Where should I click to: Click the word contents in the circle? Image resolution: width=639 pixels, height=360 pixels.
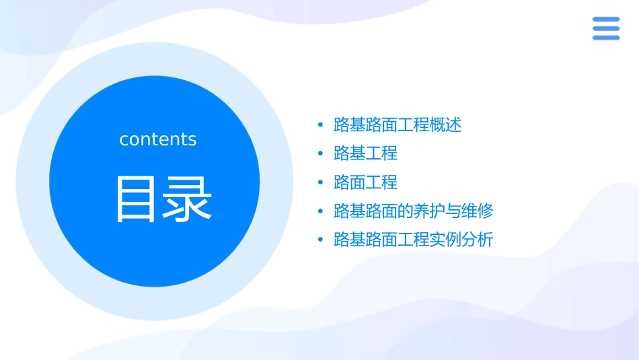pos(158,139)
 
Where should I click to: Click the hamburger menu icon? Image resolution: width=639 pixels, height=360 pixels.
pos(606,28)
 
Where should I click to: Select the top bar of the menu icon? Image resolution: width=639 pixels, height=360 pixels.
pos(606,19)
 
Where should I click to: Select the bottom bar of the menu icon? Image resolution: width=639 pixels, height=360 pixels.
pos(606,38)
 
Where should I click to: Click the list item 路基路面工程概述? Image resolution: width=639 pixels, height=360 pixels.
pos(397,125)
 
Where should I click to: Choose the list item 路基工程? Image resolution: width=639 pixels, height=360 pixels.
pos(365,153)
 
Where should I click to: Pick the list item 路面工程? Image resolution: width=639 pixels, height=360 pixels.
pos(365,182)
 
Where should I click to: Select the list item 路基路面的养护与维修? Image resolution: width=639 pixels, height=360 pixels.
pos(413,211)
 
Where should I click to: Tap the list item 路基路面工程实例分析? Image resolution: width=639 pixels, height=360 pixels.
pos(413,240)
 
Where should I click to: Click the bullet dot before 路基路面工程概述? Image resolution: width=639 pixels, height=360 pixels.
pos(320,125)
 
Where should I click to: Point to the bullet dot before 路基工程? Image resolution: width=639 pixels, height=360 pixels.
pos(320,154)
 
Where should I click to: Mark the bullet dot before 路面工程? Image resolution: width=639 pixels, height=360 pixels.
pos(320,183)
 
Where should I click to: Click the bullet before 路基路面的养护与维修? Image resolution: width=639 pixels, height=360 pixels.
pos(320,212)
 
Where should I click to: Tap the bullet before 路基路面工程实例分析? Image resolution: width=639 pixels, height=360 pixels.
pos(320,240)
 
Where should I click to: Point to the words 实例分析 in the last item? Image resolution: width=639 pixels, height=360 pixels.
pos(461,240)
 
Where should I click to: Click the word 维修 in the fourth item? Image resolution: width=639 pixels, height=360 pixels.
pos(478,211)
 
